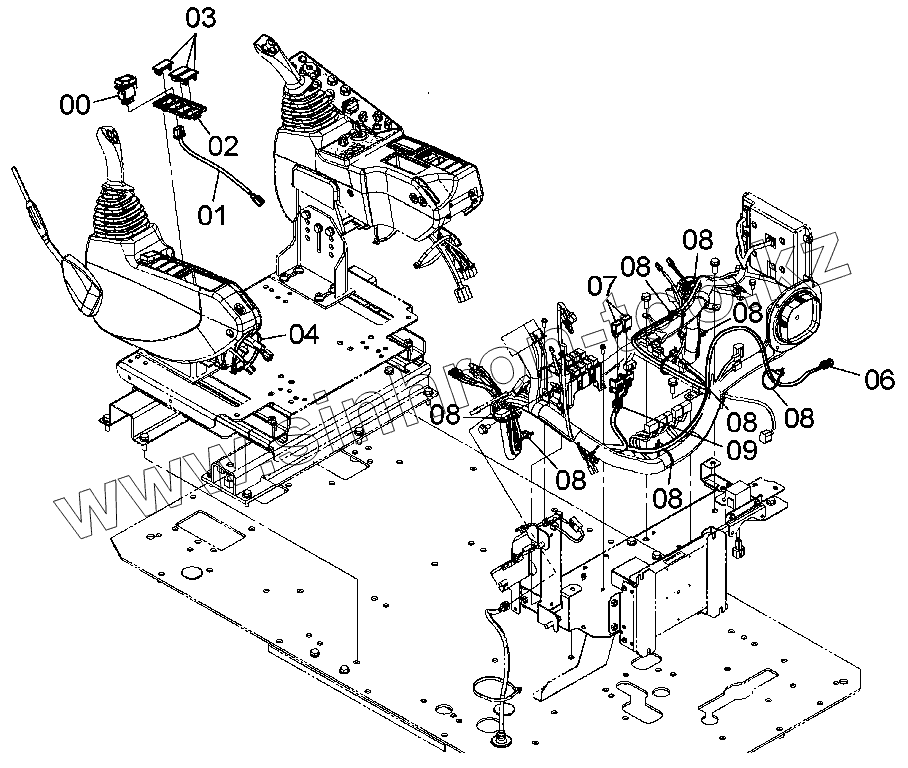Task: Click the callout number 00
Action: click(75, 103)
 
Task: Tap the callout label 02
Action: click(223, 147)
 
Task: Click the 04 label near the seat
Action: click(304, 335)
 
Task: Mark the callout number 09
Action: click(741, 450)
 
